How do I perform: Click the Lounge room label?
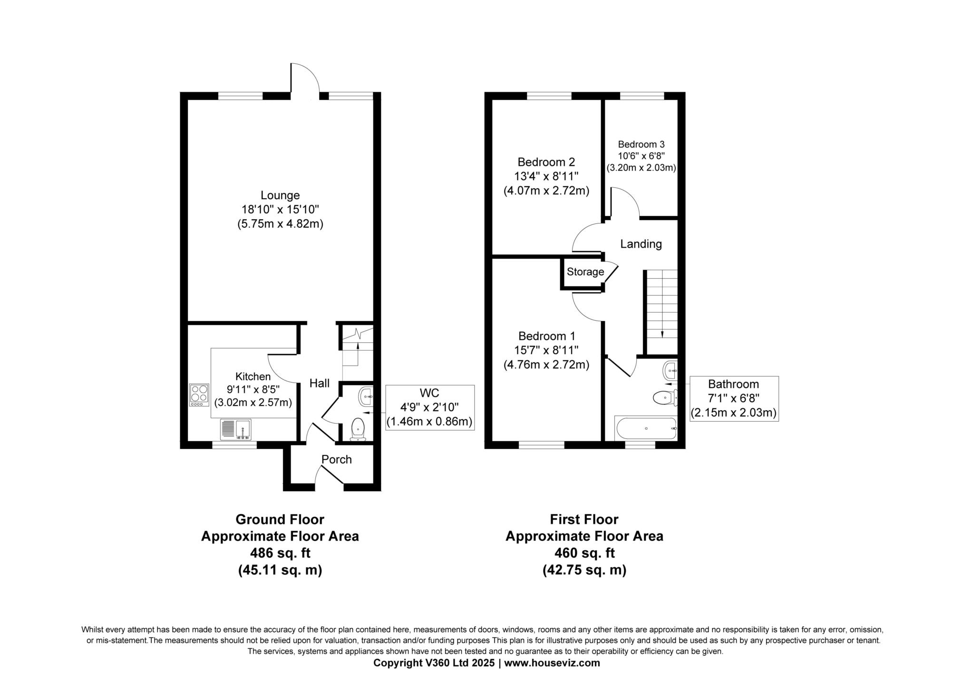[280, 195]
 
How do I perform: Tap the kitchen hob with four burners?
[199, 395]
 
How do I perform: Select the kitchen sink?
[235, 429]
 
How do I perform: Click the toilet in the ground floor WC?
[357, 429]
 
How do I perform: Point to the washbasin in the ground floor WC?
[367, 396]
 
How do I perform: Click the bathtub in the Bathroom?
[646, 428]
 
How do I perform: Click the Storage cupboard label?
[585, 272]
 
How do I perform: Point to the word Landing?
[641, 244]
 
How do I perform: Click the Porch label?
[337, 459]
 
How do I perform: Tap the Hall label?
[320, 383]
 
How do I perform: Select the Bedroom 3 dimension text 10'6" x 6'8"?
[641, 156]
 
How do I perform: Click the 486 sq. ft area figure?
[280, 553]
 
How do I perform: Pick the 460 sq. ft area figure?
[584, 553]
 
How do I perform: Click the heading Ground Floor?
[280, 519]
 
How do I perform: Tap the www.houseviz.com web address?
[552, 663]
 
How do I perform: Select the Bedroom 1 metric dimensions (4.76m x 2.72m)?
[546, 365]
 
